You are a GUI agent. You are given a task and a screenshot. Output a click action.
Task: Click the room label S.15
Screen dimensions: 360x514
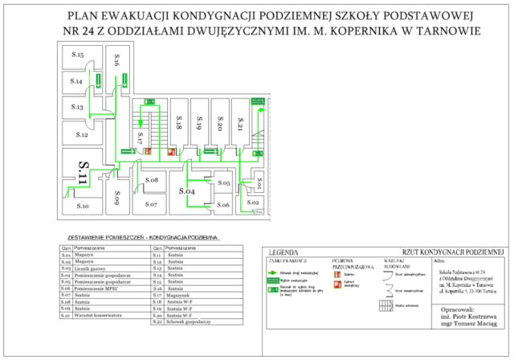(76, 54)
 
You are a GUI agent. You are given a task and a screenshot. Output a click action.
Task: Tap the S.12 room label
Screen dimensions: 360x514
(82, 135)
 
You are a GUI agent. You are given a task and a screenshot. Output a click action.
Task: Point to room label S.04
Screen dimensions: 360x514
(186, 191)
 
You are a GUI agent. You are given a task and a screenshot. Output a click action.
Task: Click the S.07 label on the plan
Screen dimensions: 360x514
(151, 205)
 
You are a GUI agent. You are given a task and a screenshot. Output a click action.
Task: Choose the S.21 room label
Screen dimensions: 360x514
(239, 122)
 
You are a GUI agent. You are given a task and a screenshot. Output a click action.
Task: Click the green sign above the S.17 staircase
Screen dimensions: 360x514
(149, 102)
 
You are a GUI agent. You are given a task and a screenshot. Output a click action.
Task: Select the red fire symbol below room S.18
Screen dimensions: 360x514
(172, 151)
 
